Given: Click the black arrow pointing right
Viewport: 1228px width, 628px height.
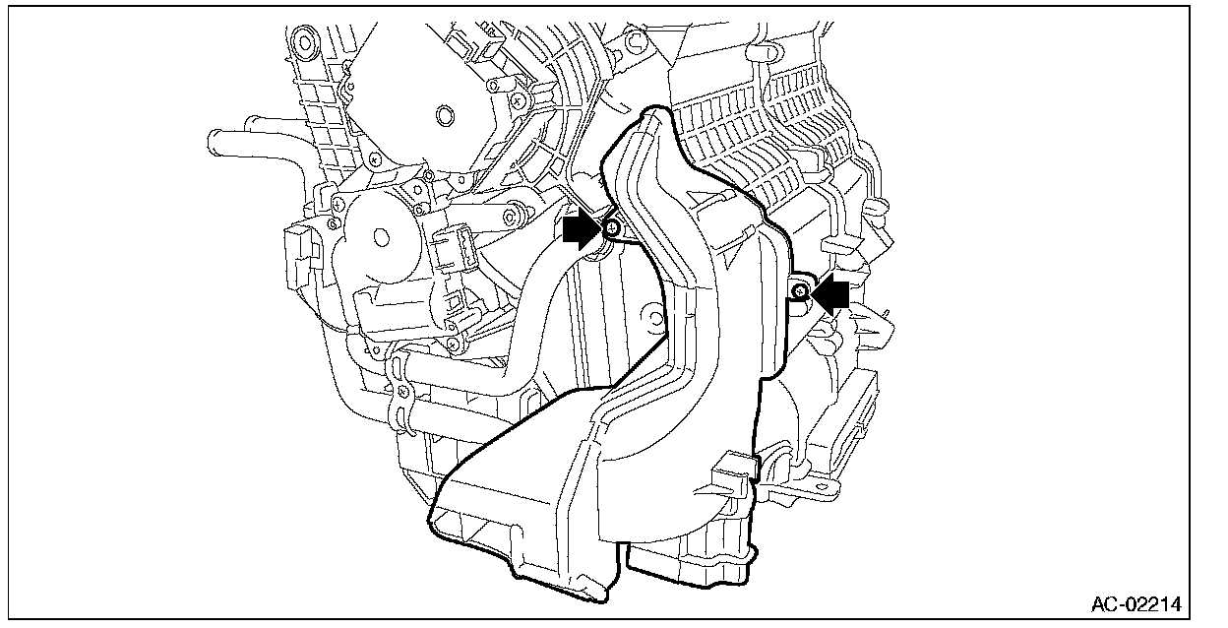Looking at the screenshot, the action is pos(581,230).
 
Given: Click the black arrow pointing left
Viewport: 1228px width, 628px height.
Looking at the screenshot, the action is pos(829,293).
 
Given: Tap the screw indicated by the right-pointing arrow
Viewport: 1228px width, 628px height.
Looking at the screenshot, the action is pos(612,229).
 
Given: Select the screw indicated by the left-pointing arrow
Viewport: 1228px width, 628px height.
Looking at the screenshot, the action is pos(799,291).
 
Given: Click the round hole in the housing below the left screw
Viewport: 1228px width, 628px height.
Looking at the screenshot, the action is pos(649,318).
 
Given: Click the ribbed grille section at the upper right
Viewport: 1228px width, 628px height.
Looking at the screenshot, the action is pos(777,138).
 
